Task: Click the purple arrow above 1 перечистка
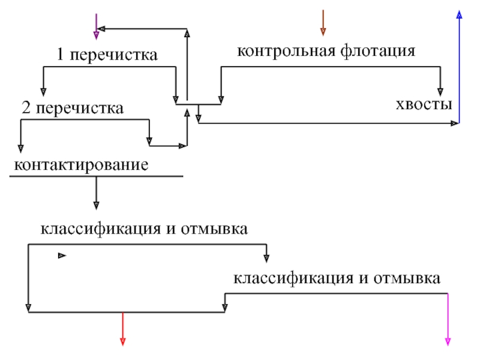[96, 26]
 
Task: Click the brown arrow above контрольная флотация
[323, 23]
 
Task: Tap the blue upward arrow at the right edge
[459, 67]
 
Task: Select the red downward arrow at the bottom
[123, 329]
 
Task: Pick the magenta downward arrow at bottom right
[448, 320]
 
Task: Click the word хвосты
[424, 104]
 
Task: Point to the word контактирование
[81, 166]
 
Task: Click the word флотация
[378, 51]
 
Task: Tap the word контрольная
[286, 51]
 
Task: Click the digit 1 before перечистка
[61, 55]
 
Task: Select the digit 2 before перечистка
[26, 108]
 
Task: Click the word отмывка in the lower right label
[407, 278]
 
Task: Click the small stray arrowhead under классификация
[62, 256]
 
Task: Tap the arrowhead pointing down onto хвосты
[440, 92]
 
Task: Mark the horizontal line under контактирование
[96, 176]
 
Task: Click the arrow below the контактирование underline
[96, 193]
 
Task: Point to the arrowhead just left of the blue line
[455, 124]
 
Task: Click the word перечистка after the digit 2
[80, 109]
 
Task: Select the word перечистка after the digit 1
[114, 55]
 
